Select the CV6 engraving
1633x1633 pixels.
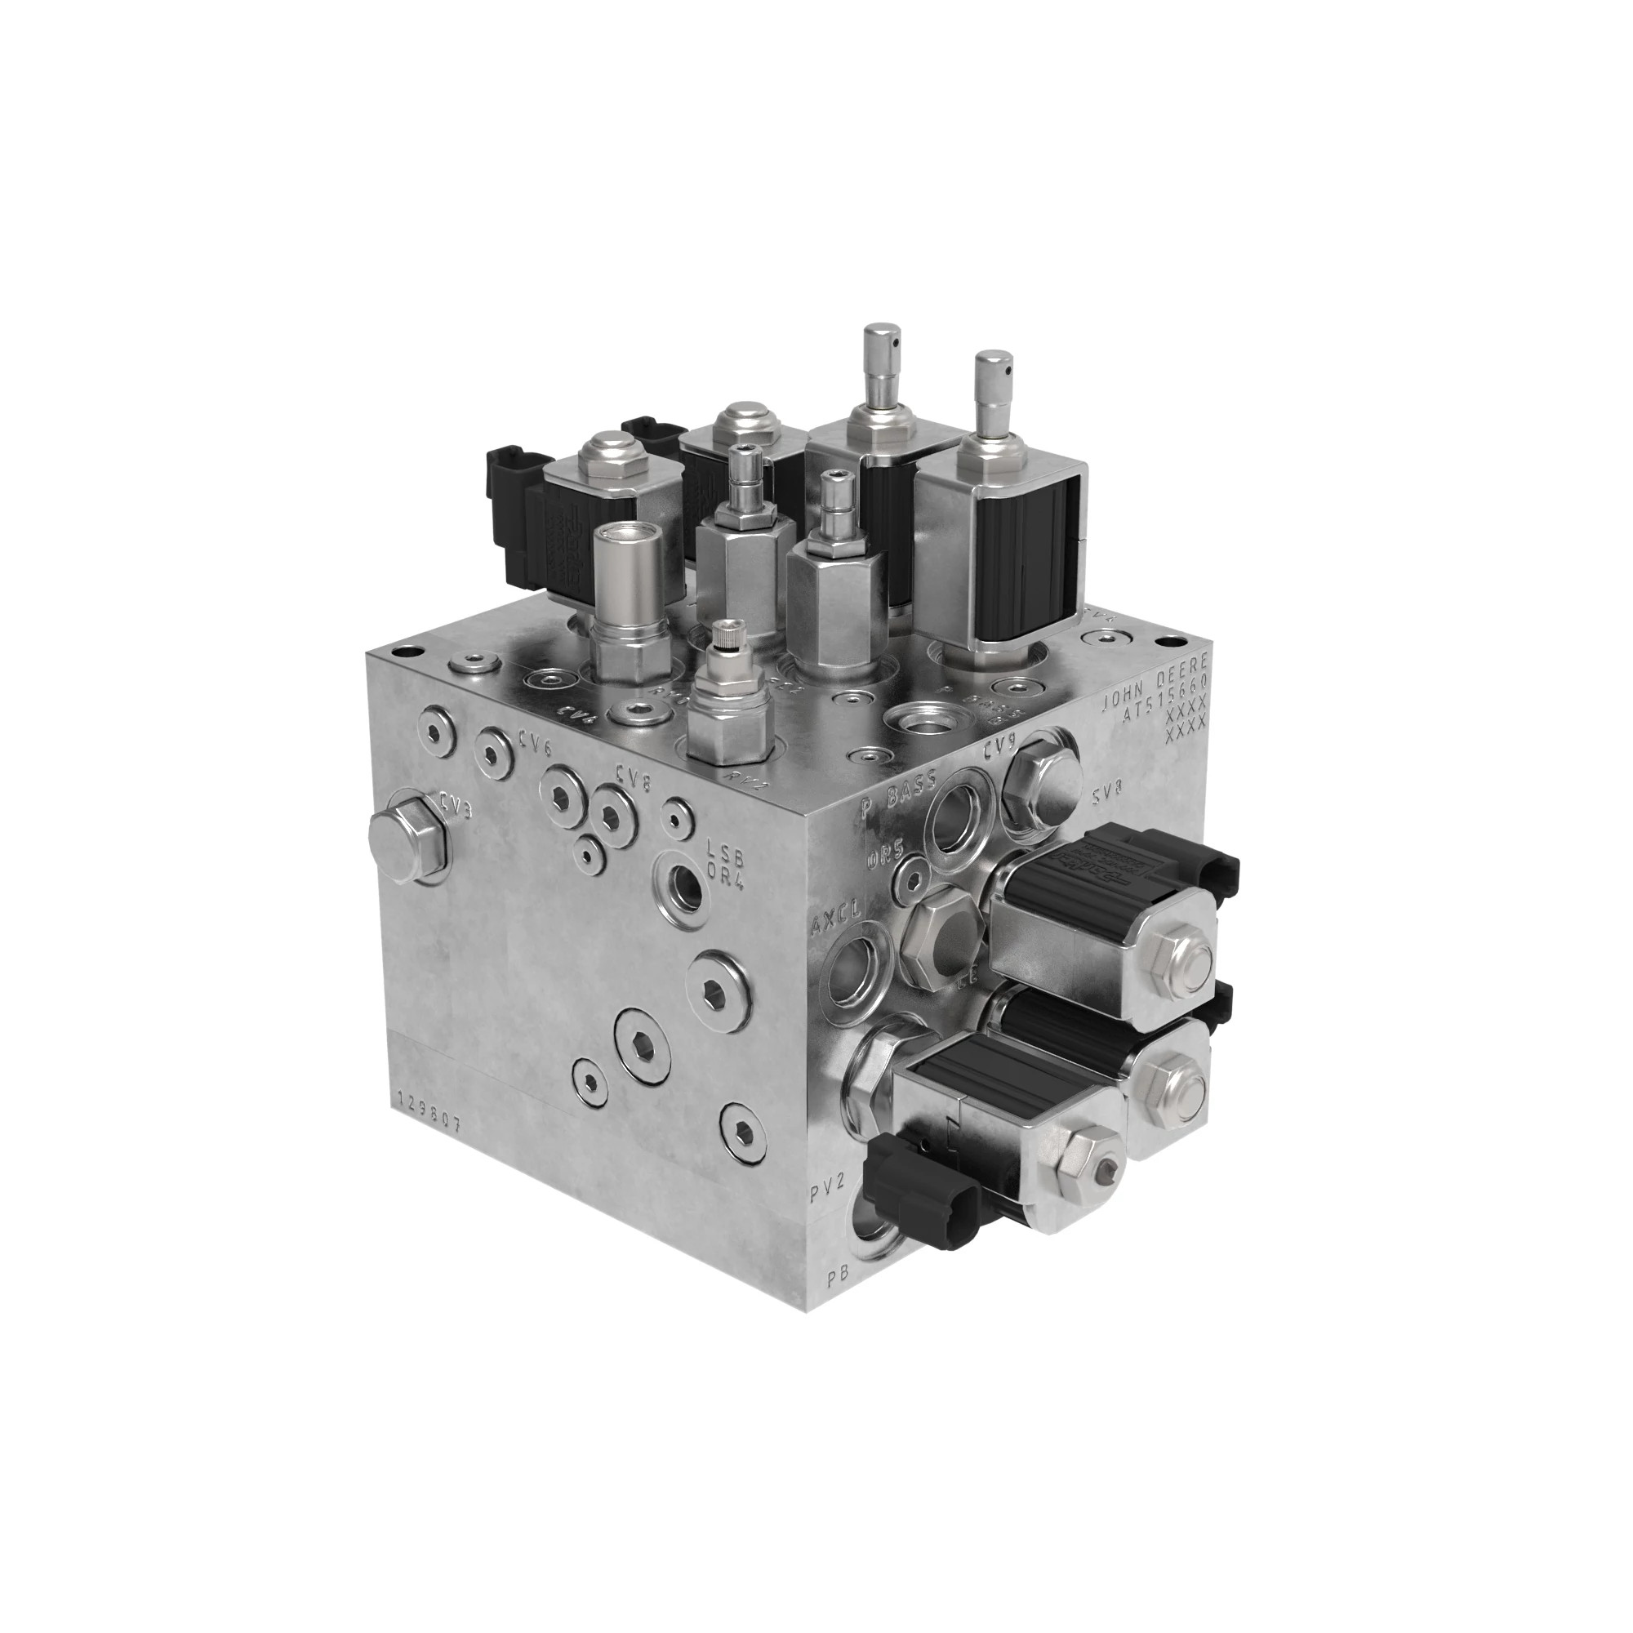(x=536, y=748)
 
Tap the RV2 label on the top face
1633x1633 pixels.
(x=747, y=776)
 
